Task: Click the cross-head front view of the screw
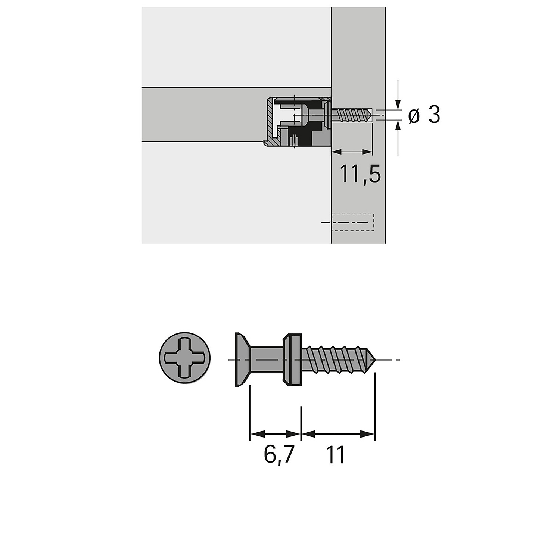click(185, 357)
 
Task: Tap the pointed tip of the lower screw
click(376, 360)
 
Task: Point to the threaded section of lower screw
click(338, 360)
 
